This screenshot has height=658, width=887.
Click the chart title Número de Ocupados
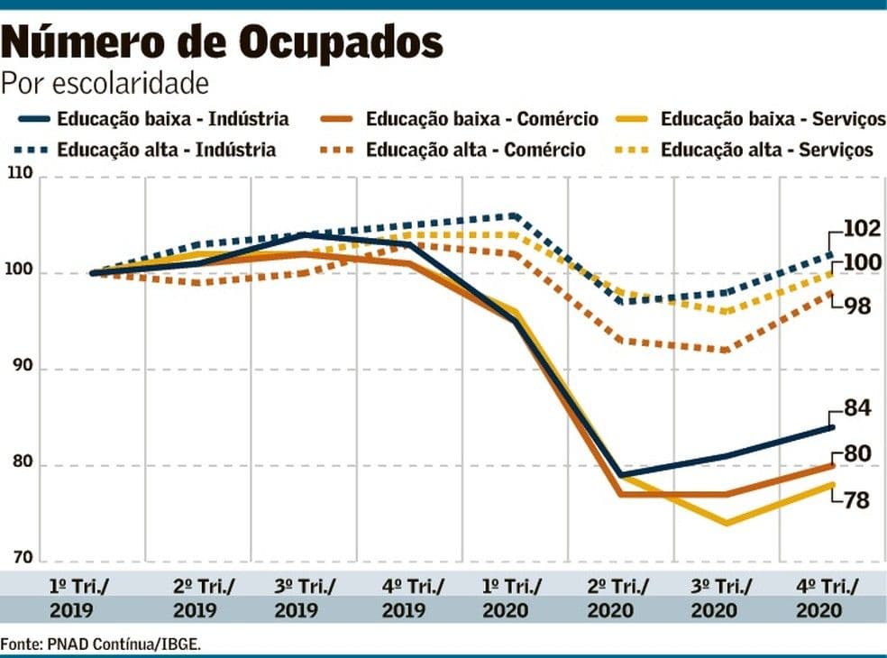pyautogui.click(x=223, y=42)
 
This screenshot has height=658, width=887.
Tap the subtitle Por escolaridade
pyautogui.click(x=105, y=84)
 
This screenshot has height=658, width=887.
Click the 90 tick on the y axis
pyautogui.click(x=24, y=369)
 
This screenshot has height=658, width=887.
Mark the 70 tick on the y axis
pyautogui.click(x=24, y=557)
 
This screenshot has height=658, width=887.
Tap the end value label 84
pyautogui.click(x=856, y=408)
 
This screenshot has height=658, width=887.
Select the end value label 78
pyautogui.click(x=856, y=499)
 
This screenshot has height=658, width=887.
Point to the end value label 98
pyautogui.click(x=856, y=306)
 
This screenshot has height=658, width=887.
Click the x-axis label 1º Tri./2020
pyautogui.click(x=512, y=598)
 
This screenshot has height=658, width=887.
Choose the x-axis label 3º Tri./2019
pyautogui.click(x=305, y=598)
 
